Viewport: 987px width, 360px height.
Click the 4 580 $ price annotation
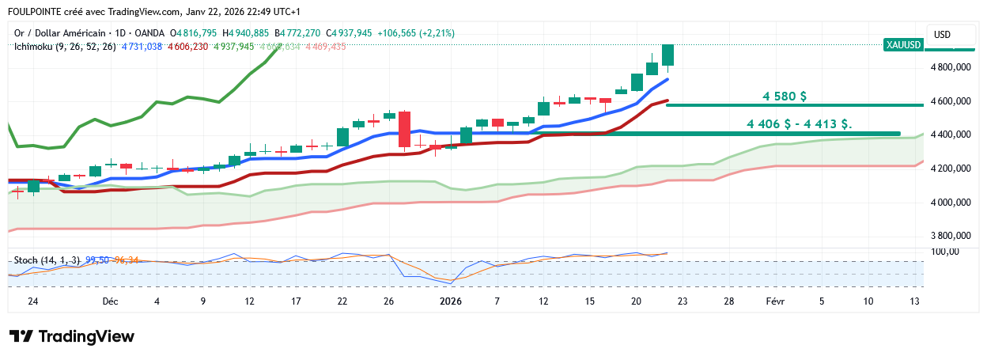pyautogui.click(x=785, y=97)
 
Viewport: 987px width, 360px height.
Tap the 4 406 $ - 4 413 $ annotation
pyautogui.click(x=799, y=123)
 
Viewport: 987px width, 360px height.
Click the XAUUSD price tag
pyautogui.click(x=904, y=45)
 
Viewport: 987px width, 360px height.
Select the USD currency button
pyautogui.click(x=942, y=34)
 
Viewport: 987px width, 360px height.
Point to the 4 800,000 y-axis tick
pyautogui.click(x=951, y=68)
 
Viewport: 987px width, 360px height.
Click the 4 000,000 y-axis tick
pyautogui.click(x=951, y=203)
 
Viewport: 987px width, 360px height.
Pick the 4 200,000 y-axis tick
pyautogui.click(x=951, y=169)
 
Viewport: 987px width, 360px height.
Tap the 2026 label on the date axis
pyautogui.click(x=451, y=301)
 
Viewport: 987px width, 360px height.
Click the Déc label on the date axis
pyautogui.click(x=111, y=301)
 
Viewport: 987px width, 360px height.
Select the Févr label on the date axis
pyautogui.click(x=775, y=301)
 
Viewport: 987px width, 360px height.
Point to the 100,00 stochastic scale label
pyautogui.click(x=946, y=252)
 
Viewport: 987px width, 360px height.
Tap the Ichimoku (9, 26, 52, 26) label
pyautogui.click(x=65, y=47)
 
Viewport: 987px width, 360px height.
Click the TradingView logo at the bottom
pyautogui.click(x=72, y=336)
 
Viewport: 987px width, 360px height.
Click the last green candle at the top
pyautogui.click(x=668, y=55)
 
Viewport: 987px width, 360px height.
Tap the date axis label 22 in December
pyautogui.click(x=342, y=301)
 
